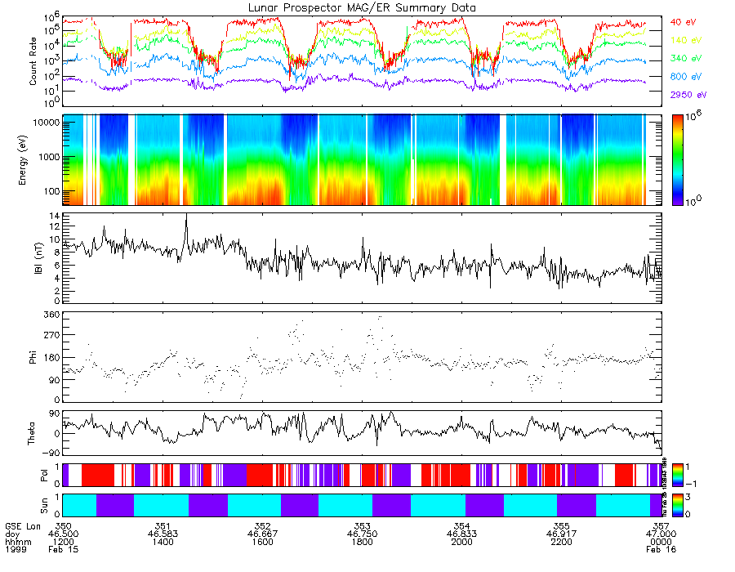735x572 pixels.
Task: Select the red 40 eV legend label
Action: click(x=683, y=21)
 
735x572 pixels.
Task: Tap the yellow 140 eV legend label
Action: click(x=684, y=40)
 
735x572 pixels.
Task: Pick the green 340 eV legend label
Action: click(x=684, y=58)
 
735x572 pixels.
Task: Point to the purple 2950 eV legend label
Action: click(x=687, y=95)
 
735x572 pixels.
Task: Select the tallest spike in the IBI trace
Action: click(x=186, y=214)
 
